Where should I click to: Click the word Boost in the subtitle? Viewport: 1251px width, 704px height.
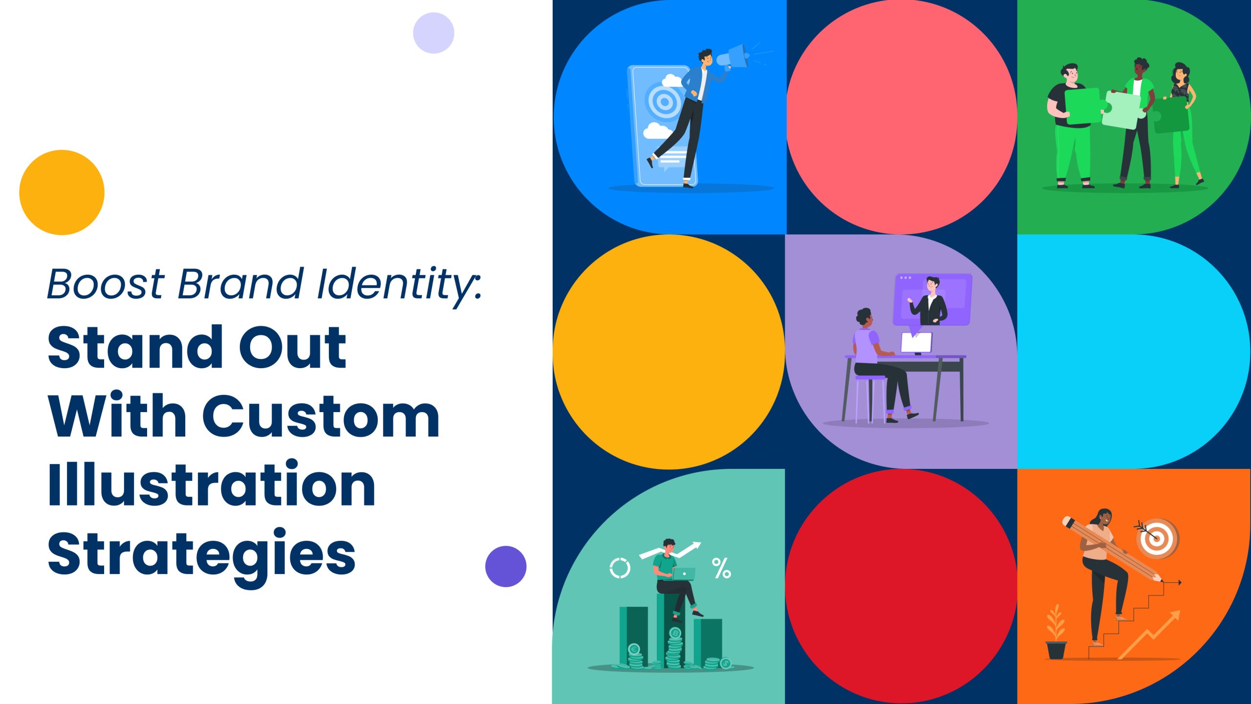click(x=106, y=284)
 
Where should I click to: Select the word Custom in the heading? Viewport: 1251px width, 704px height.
click(x=321, y=417)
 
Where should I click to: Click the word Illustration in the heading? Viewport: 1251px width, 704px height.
click(x=212, y=484)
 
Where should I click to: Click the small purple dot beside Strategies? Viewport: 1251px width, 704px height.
click(x=506, y=567)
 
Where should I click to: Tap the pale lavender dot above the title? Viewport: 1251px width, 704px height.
click(x=433, y=33)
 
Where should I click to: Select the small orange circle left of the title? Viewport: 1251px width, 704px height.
click(x=62, y=192)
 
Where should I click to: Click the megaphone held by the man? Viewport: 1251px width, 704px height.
click(x=732, y=58)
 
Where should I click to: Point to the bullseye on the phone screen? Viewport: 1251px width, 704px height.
click(x=664, y=102)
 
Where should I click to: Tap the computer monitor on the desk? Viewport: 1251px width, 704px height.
click(x=916, y=343)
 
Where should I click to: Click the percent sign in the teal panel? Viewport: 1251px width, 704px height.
click(x=721, y=568)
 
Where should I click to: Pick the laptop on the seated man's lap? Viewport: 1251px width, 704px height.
click(x=684, y=574)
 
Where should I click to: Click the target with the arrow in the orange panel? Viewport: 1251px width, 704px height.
click(x=1158, y=538)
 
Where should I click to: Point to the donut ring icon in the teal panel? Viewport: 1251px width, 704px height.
click(x=620, y=568)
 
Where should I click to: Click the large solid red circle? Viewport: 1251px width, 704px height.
click(x=902, y=586)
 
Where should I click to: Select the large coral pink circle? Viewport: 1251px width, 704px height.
click(x=902, y=117)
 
